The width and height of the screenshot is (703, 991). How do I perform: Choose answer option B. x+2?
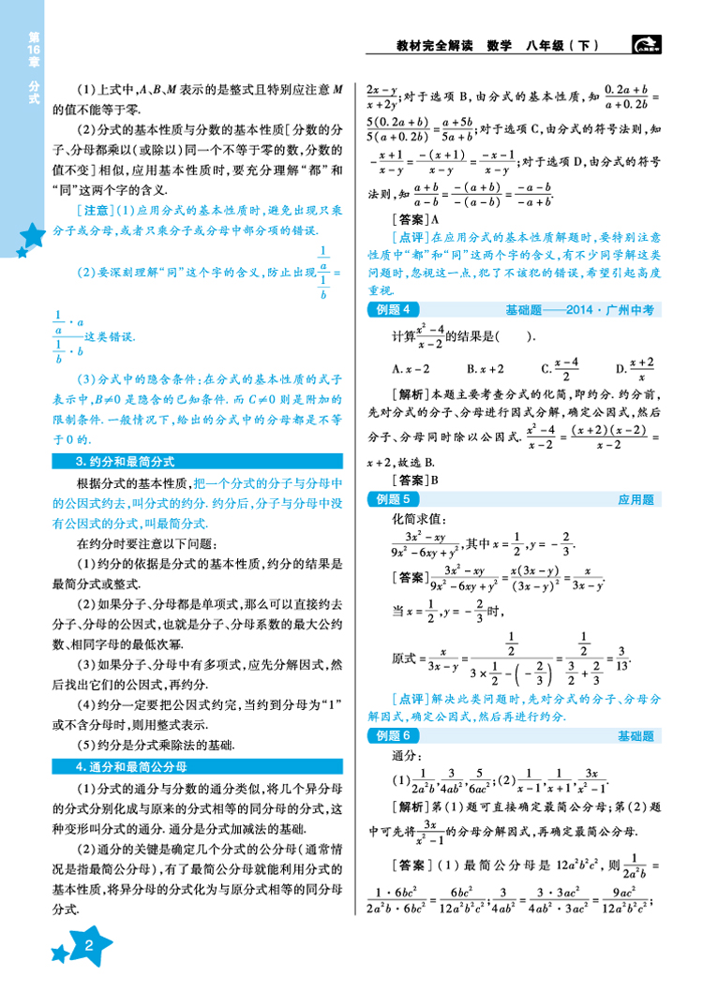(485, 368)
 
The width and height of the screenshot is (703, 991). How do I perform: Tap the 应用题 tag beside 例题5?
(635, 500)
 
